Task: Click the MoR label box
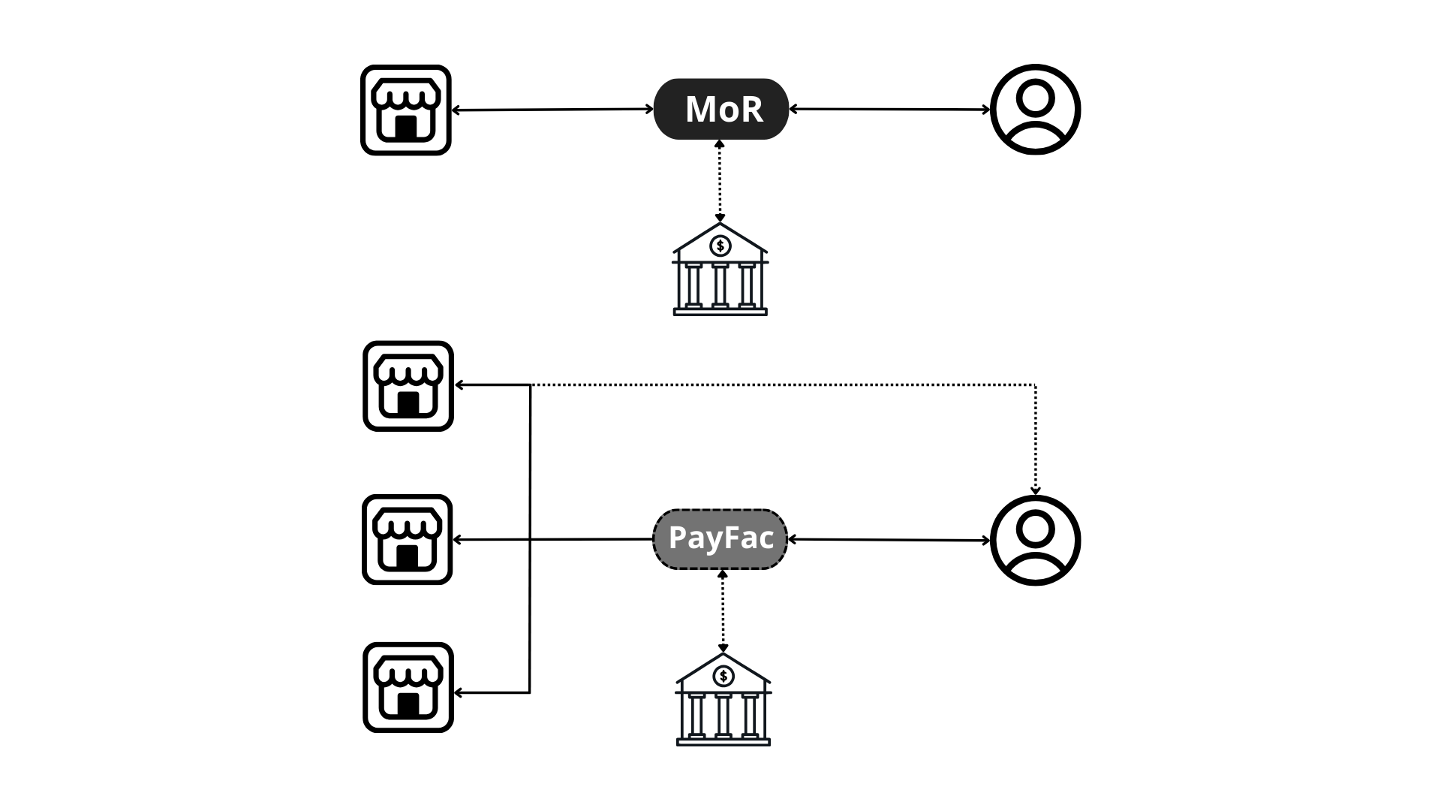[x=720, y=109]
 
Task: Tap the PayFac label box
[x=720, y=539]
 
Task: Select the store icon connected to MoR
[x=406, y=110]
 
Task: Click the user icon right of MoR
[x=1035, y=110]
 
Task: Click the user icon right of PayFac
[x=1035, y=540]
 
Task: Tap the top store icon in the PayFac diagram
[x=408, y=386]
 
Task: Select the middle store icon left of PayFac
[x=408, y=539]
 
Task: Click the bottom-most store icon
[x=408, y=687]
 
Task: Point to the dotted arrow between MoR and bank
[x=720, y=180]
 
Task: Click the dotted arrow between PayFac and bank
[x=723, y=611]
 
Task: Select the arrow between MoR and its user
[x=889, y=110]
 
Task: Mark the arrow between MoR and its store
[x=552, y=110]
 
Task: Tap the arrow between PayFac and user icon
[x=889, y=540]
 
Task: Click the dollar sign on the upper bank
[x=720, y=246]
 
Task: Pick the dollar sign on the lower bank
[x=724, y=677]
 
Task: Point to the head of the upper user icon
[x=1035, y=98]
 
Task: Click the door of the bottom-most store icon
[x=408, y=704]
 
